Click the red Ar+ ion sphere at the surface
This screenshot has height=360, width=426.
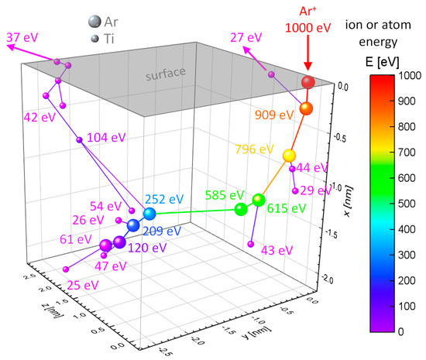pos(308,82)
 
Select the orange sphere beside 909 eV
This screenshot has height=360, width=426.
pos(306,109)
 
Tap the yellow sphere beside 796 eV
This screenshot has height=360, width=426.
pos(289,156)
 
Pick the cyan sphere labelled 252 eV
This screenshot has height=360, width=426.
pos(149,214)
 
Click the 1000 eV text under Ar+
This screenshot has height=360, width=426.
pos(308,26)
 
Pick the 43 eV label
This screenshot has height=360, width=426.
pos(277,249)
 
